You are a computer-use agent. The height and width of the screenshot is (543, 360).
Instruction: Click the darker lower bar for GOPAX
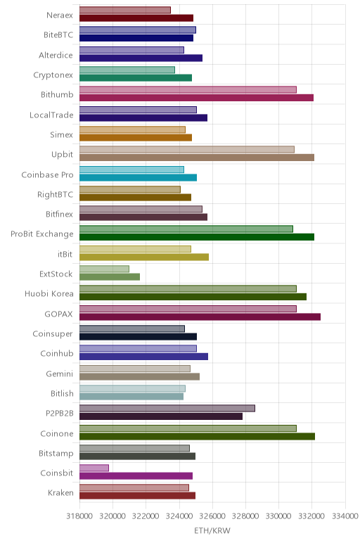(200, 317)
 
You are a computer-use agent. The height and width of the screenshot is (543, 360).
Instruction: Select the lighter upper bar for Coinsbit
(94, 468)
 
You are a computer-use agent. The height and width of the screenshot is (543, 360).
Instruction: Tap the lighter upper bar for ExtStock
(104, 269)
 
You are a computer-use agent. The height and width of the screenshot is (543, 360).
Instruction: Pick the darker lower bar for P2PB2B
(161, 416)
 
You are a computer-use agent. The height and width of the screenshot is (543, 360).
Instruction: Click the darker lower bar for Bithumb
(196, 98)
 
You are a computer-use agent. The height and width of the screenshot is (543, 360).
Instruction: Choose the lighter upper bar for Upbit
(187, 149)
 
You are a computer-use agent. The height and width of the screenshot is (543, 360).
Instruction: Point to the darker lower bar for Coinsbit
(136, 475)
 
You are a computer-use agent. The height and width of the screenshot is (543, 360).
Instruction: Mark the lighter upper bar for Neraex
(125, 10)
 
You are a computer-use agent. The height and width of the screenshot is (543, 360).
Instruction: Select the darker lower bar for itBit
(144, 257)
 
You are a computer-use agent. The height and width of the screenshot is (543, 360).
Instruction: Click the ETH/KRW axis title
(212, 530)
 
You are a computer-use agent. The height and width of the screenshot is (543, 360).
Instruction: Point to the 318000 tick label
(79, 516)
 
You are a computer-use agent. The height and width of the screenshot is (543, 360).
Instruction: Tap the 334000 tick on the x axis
(345, 516)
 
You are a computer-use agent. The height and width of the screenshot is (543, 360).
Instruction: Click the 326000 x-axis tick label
(212, 516)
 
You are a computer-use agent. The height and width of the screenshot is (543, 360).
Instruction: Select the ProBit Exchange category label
(42, 234)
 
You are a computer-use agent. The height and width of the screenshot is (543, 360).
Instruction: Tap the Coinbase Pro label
(47, 174)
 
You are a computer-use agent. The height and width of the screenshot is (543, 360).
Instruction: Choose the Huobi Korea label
(49, 294)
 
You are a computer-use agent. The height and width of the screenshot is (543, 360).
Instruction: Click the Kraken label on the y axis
(60, 492)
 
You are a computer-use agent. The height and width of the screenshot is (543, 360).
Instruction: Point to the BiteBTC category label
(58, 34)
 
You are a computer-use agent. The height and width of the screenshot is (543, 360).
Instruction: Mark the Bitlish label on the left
(62, 393)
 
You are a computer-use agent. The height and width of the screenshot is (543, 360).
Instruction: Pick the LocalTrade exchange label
(51, 115)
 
